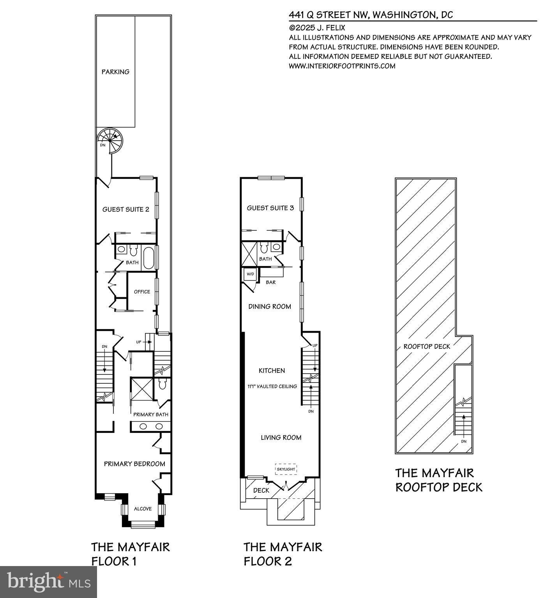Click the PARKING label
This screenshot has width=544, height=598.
pos(115,72)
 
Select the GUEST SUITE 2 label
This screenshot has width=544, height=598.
pos(125,209)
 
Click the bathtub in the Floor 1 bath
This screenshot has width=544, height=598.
pos(148,258)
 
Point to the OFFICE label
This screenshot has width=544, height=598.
pos(142,291)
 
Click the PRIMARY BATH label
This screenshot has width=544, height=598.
pos(151,414)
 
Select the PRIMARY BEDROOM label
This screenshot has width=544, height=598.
pos(134,464)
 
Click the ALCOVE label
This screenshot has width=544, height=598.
pos(143,508)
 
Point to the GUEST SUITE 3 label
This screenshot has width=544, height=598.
pos(270,208)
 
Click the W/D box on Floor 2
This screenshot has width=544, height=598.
pos(249,274)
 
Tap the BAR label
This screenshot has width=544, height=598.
pos(270,282)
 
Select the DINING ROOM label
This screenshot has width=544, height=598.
pos(270,307)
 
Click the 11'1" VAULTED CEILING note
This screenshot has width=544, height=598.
pos(272,386)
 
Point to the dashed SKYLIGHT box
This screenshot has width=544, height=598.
pos(286,469)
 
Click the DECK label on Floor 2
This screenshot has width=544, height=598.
pos(261,490)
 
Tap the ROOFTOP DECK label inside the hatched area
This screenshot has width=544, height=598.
pos(427,346)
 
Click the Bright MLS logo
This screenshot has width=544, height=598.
pos(48,582)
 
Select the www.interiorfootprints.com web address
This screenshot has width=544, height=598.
pos(342,66)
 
